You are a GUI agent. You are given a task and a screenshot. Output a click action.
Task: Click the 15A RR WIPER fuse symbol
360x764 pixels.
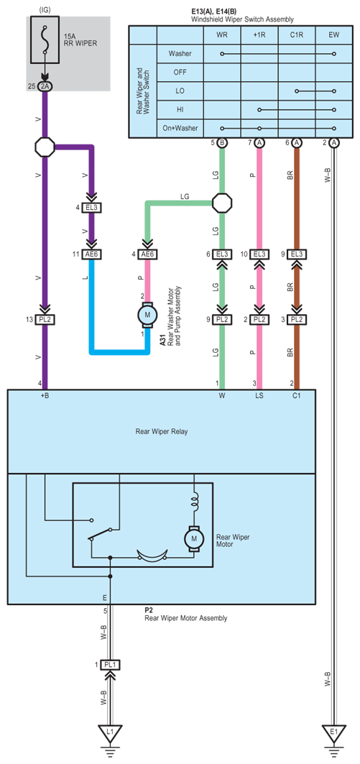pos(45,40)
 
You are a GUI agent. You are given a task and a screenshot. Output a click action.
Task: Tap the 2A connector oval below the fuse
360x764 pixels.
pos(45,86)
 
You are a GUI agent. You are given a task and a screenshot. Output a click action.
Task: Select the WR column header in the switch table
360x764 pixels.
pos(221,35)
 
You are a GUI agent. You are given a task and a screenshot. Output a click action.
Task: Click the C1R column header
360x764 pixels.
pos(297,35)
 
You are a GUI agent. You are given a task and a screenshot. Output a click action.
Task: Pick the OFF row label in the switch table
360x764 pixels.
pos(180,72)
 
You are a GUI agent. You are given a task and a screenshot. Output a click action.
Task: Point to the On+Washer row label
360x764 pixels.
pos(180,128)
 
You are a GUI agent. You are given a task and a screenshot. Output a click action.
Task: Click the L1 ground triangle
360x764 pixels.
pos(111,732)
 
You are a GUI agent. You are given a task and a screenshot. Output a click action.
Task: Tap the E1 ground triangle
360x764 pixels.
pos(334,732)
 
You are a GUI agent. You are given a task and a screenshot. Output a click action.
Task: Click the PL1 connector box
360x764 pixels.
pos(111,665)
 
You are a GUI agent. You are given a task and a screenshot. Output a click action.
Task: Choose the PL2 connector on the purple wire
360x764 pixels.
pos(45,320)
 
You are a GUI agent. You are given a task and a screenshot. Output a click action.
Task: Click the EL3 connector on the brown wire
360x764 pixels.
pos(297,254)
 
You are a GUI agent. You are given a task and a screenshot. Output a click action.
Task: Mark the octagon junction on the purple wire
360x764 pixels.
pos(45,146)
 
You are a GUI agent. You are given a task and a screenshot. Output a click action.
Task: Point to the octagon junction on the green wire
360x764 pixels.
pos(222,201)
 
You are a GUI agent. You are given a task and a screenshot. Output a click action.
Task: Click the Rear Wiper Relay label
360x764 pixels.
pos(161,431)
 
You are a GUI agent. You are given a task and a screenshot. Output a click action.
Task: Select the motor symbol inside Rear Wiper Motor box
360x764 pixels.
pos(194,538)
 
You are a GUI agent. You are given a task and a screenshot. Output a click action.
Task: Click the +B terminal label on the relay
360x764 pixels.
pos(45,395)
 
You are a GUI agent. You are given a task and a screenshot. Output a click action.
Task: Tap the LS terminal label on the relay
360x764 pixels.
pos(259,395)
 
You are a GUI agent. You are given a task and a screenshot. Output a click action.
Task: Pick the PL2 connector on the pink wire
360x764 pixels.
pos(259,320)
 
